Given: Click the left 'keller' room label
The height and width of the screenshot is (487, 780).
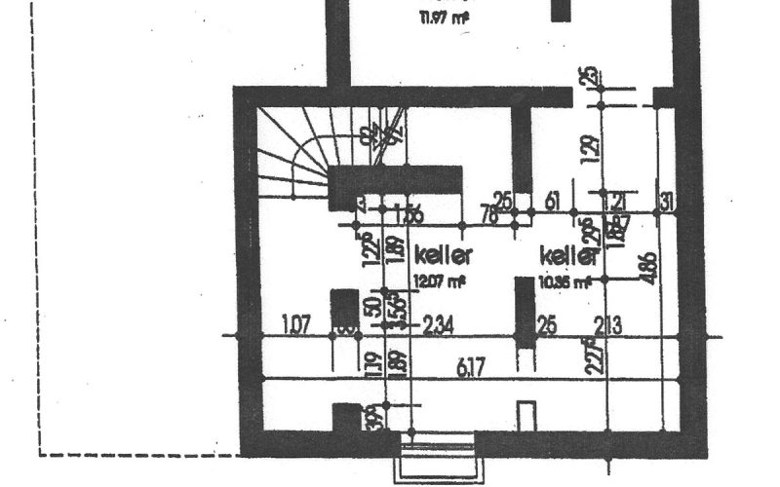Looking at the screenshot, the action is coord(444,255).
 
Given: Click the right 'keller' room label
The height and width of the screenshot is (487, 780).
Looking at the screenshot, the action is coord(567,255).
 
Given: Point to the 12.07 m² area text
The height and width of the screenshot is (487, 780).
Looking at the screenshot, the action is coord(439,281).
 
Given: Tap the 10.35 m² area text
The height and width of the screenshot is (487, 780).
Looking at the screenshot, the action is coord(565,282).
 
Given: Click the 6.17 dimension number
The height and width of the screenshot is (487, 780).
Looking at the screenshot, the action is coord(473,365).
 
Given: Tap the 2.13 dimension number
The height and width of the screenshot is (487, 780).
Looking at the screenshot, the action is coord(606,325).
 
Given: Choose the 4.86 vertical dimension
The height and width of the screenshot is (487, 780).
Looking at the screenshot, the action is coord(649,267).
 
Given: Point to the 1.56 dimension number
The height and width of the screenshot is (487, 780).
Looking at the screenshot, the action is coord(411,215).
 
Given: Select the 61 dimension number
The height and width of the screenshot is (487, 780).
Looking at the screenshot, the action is coord(553,203).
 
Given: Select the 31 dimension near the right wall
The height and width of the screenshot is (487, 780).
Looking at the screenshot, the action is coord(667,203).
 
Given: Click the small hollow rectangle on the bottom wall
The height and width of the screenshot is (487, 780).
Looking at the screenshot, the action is coord(526,415).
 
